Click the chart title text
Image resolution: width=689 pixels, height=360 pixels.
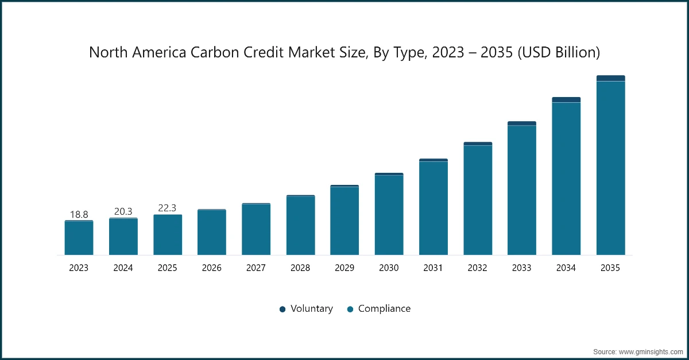(x=344, y=53)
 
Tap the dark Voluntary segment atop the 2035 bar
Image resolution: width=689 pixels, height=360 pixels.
(x=610, y=78)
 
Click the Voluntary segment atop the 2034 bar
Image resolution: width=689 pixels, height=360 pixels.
(x=566, y=100)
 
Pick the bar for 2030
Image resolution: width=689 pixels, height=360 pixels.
(x=389, y=215)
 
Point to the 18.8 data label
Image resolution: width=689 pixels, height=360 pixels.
(x=79, y=215)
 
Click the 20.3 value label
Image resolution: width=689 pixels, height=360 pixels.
(x=123, y=211)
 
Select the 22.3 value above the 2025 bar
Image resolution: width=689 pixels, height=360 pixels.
(x=167, y=208)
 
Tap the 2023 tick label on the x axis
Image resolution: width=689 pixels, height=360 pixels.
(x=79, y=268)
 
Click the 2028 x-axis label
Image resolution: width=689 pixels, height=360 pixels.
(x=300, y=268)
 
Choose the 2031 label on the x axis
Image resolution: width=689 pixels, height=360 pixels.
(x=433, y=268)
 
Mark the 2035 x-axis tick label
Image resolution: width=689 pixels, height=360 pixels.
(x=610, y=268)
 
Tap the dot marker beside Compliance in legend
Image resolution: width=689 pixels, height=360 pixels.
(x=350, y=309)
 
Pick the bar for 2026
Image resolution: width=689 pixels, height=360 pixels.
(x=212, y=233)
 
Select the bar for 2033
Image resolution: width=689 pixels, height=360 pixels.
(x=522, y=189)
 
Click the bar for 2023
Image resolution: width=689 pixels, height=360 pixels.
(x=79, y=238)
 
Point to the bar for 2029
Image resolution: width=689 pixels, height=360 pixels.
(x=344, y=220)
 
